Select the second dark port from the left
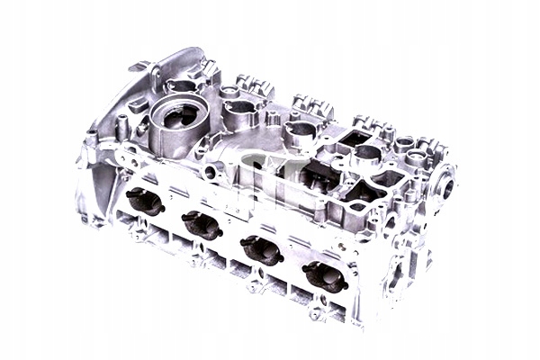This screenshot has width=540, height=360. point(202,226)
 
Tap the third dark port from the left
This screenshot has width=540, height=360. point(263,250)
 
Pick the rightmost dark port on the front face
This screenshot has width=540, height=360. point(326,277)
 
